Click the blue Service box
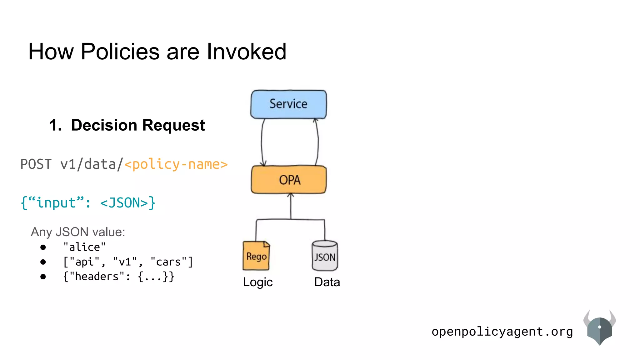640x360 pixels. point(288,104)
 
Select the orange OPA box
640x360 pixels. point(289,180)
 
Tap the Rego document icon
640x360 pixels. point(256,256)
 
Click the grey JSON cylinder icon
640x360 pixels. point(325,256)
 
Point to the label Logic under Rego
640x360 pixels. point(257,282)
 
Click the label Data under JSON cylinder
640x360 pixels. point(327,282)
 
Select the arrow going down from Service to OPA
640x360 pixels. point(262,142)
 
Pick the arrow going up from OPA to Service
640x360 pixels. point(317,142)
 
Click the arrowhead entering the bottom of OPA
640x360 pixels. point(291,196)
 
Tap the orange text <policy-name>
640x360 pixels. point(176,164)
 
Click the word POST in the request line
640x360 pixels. point(36,164)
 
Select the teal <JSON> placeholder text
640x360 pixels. point(124,203)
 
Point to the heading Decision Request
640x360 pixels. point(138,125)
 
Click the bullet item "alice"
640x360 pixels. point(84,247)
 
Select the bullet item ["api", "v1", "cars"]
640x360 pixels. point(128,262)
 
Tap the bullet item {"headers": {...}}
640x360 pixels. point(118,277)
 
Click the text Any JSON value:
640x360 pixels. point(78,232)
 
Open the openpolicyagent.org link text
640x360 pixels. point(502,332)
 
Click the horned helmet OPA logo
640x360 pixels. point(599,328)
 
